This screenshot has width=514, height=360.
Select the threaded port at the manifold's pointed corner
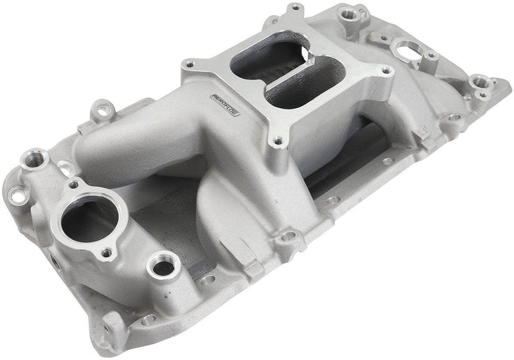tap(481, 82)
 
